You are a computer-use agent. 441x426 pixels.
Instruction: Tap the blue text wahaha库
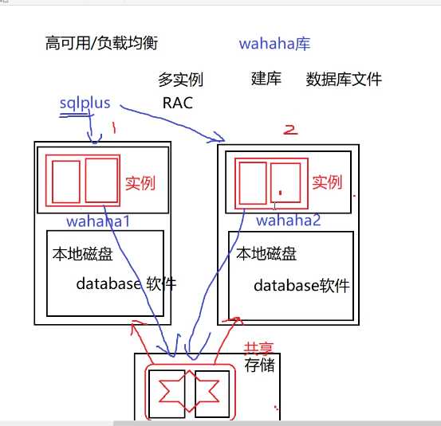tap(274, 44)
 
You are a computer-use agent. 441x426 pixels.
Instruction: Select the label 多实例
tap(180, 80)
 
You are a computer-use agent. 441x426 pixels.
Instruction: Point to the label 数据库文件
tap(344, 79)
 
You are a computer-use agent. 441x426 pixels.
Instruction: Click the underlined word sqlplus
tap(85, 104)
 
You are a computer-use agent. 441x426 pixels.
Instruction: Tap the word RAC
tap(177, 103)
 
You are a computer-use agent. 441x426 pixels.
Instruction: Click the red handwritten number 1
tap(114, 127)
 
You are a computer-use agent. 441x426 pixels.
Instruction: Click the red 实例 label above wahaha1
tap(144, 182)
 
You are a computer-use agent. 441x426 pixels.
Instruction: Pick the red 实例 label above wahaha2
tap(327, 182)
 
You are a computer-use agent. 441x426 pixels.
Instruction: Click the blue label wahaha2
tap(288, 220)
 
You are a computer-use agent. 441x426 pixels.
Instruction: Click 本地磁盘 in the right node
tap(267, 255)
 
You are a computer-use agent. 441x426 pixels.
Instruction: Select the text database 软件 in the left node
tap(126, 283)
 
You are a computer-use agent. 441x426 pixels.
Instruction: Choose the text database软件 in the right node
tap(301, 286)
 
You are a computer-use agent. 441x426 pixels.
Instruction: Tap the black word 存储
tap(260, 365)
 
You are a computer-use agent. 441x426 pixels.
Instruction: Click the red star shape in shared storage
tap(178, 392)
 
